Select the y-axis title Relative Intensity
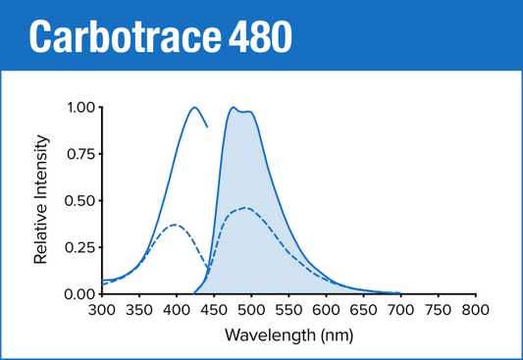click(42, 201)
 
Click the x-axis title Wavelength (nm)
click(288, 335)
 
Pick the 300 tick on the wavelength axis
click(101, 310)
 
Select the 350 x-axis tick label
click(138, 310)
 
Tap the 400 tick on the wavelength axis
click(176, 310)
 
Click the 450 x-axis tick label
click(213, 310)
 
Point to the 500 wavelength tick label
click(250, 310)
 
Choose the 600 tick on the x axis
click(326, 310)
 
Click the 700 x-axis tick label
click(400, 310)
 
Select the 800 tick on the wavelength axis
click(475, 310)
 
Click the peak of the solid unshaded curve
click(194, 108)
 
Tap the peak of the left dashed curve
click(175, 225)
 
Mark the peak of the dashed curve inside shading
click(245, 208)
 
